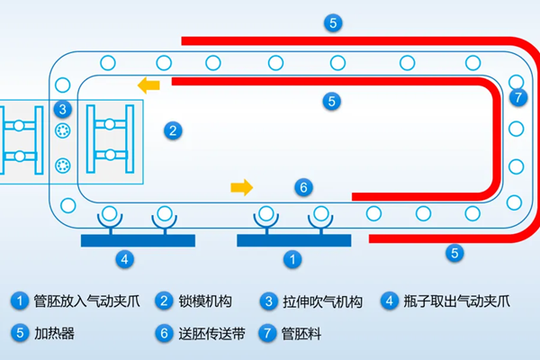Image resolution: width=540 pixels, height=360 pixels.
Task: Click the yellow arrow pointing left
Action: (x=148, y=85)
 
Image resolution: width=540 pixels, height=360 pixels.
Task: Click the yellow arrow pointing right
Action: (x=242, y=187)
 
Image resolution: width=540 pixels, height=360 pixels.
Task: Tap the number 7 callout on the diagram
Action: (x=518, y=97)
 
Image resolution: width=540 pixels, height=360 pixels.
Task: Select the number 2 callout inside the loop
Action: (x=173, y=130)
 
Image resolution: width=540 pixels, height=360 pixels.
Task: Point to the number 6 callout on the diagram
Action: (x=303, y=187)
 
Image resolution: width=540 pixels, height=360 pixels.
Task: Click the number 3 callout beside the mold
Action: (x=63, y=109)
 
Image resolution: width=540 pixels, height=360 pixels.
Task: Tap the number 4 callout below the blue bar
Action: (x=125, y=259)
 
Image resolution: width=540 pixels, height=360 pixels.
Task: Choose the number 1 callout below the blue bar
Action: (x=292, y=259)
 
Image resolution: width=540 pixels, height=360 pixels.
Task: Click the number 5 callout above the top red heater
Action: (x=333, y=23)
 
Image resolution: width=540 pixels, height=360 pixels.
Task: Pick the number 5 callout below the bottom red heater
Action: (x=454, y=253)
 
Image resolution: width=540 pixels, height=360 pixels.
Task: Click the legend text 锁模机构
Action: (x=205, y=301)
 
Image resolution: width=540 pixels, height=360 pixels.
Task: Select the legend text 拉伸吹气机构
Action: (x=322, y=301)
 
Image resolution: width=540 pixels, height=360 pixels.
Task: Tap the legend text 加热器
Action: (x=54, y=334)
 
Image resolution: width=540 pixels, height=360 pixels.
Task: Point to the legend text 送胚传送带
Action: (x=211, y=334)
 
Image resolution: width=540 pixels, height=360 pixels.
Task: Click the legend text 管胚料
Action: (x=301, y=334)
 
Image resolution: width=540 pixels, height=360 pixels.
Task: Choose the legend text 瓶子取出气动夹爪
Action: (x=456, y=301)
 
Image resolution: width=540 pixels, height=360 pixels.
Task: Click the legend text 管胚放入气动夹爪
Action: (x=86, y=301)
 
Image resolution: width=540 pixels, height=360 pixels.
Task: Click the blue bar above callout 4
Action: (x=138, y=240)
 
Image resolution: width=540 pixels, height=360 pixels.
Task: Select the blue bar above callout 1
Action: (x=294, y=240)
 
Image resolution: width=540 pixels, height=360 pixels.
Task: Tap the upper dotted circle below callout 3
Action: (x=63, y=130)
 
